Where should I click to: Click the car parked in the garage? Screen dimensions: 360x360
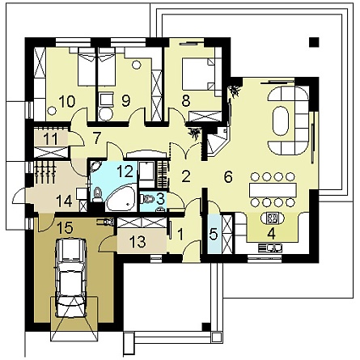70,277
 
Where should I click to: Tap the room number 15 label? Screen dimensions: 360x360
65,228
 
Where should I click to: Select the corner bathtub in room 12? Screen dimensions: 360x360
121,198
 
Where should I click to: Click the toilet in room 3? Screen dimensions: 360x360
147,199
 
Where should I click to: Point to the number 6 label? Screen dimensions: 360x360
228,176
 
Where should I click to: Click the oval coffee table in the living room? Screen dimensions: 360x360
281,121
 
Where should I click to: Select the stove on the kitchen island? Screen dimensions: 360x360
272,218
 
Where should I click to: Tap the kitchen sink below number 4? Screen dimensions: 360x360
270,248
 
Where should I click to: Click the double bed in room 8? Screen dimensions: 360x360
199,74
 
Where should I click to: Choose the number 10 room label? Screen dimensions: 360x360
67,101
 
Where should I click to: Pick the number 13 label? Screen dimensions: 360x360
139,241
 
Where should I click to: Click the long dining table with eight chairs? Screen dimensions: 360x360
273,189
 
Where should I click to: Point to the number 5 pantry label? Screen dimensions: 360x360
214,235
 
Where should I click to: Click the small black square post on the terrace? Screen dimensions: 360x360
314,42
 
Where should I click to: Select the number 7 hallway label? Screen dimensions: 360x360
98,137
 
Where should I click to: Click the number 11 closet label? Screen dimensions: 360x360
51,139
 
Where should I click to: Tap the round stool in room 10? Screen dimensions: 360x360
52,110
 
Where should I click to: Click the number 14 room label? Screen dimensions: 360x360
64,201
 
